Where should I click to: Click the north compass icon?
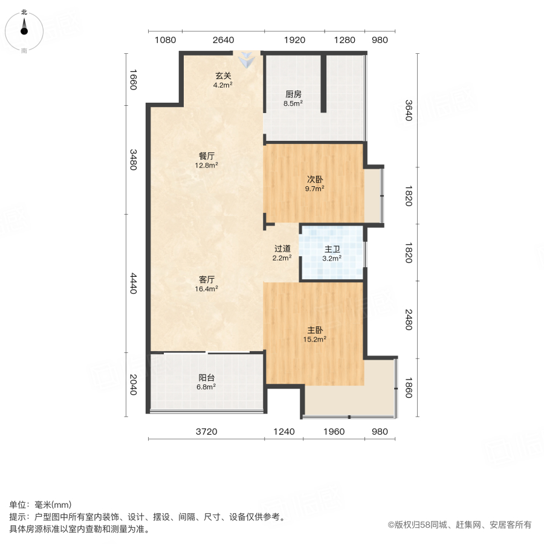(24, 28)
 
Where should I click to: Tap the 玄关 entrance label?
(223, 76)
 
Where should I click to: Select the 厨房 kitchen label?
(294, 94)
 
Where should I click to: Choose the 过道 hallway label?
(282, 248)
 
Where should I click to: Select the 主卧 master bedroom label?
(315, 331)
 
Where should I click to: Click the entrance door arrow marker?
(247, 60)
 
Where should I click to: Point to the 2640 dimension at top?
(223, 40)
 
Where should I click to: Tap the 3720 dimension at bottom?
(206, 432)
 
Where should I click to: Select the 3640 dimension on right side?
(408, 109)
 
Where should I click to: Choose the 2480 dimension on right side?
(408, 320)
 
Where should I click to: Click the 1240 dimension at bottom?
(283, 432)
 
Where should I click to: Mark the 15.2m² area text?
(315, 339)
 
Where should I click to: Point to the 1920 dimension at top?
(294, 40)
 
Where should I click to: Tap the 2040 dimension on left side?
(134, 384)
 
